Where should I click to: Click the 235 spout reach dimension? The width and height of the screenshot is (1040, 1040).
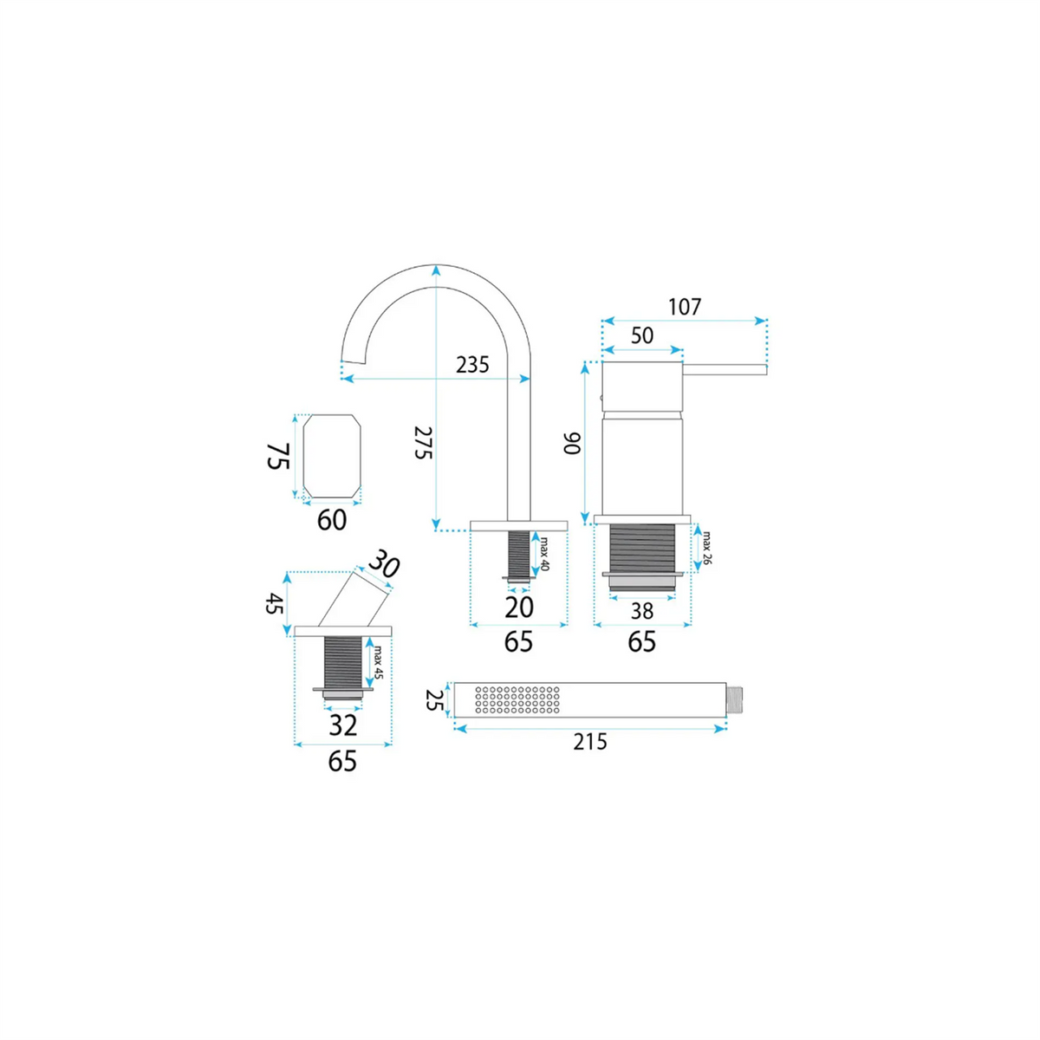[472, 366]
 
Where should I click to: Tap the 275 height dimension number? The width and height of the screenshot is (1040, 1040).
[424, 443]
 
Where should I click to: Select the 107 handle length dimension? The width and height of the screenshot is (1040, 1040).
[685, 307]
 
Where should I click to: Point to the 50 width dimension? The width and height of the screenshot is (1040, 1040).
[642, 335]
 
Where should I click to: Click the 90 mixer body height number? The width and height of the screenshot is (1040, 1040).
[573, 444]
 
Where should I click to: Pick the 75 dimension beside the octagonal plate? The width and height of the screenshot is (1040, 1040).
[279, 456]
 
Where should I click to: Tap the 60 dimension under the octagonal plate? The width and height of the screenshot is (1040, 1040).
[331, 520]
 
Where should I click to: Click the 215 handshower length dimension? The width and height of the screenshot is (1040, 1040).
[590, 742]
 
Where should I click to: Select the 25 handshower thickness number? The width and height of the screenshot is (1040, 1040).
[434, 700]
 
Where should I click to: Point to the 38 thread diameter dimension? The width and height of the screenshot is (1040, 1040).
[641, 611]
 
